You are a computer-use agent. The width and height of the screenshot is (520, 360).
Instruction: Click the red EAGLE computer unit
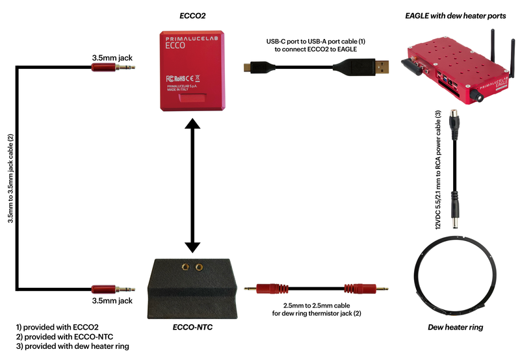455,66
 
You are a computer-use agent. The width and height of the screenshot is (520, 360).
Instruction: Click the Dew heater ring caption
455,328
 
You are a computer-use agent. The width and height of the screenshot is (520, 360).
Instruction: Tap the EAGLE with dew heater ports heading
455,14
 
